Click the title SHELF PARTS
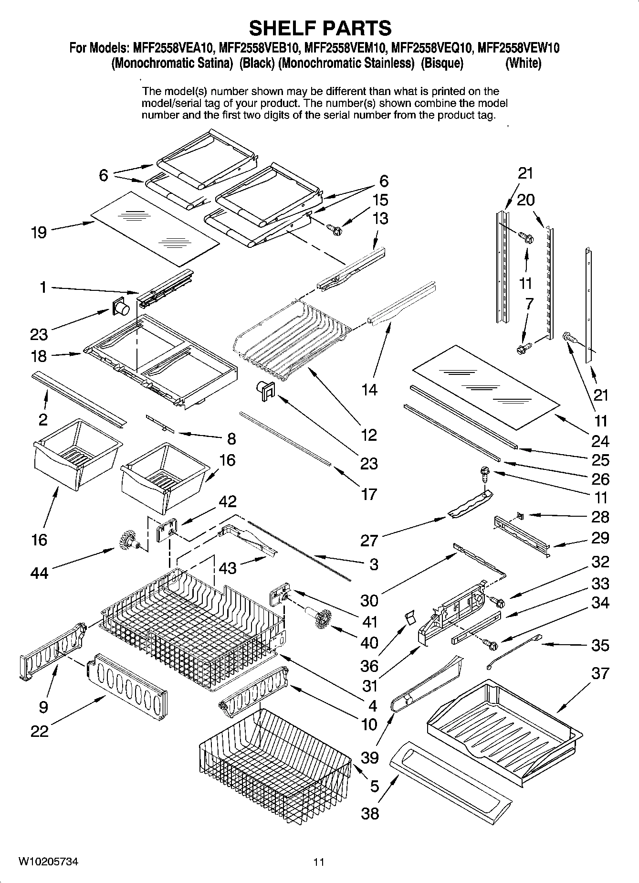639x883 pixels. (x=320, y=28)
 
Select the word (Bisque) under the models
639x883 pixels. (x=442, y=64)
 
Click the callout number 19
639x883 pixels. (x=39, y=233)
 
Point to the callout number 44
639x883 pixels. (x=39, y=573)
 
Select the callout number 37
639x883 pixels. (x=600, y=673)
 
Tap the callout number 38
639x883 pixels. (x=370, y=813)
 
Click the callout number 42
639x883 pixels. (x=228, y=501)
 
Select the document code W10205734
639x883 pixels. (x=48, y=862)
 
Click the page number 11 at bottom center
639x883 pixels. (x=319, y=862)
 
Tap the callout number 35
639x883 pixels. (x=600, y=645)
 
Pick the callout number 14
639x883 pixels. (x=369, y=390)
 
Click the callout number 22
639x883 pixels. (x=39, y=731)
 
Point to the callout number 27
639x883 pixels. (x=369, y=541)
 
